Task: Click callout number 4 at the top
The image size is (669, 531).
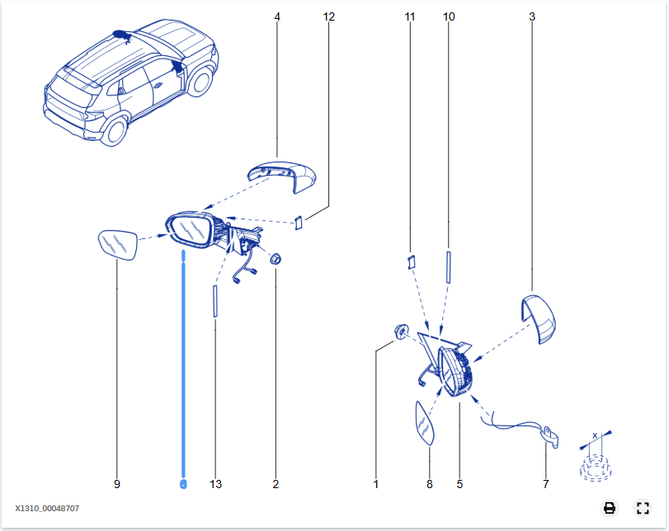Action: [x=276, y=16]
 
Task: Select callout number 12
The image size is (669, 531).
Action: [x=329, y=16]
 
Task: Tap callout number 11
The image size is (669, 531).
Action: [x=410, y=16]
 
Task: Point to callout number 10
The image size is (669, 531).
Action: [x=449, y=16]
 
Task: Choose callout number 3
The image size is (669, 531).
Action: [x=531, y=16]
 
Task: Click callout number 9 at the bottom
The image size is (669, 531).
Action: [x=116, y=484]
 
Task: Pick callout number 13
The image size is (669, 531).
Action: [x=215, y=484]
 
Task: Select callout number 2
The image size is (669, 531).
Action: [x=276, y=484]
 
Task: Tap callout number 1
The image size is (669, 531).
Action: [x=375, y=484]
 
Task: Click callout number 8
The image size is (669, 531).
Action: [x=429, y=484]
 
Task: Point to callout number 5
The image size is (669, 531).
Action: [x=459, y=484]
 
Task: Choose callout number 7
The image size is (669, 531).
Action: [x=545, y=484]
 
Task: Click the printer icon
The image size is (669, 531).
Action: [x=610, y=508]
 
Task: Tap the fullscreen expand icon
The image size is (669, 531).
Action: [x=643, y=508]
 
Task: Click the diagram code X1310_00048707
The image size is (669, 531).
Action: [x=47, y=509]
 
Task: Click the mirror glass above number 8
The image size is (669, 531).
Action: [x=424, y=422]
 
